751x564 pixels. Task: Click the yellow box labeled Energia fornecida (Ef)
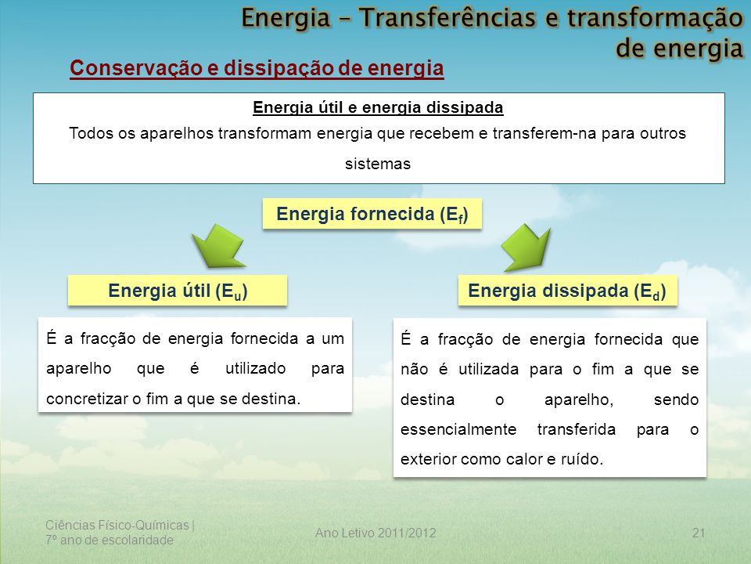[x=372, y=213]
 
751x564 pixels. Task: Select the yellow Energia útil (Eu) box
[x=178, y=290]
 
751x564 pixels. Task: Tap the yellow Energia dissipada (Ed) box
[x=568, y=290]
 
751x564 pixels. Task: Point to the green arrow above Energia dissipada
[x=526, y=247]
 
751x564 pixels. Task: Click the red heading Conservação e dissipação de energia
[x=257, y=68]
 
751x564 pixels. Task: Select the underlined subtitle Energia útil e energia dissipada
[x=378, y=107]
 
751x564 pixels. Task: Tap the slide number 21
[x=699, y=533]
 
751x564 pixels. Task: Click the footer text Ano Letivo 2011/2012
[x=375, y=533]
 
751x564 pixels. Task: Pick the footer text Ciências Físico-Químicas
[x=117, y=525]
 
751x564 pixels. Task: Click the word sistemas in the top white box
[x=378, y=164]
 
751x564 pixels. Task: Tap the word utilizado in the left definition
[x=255, y=368]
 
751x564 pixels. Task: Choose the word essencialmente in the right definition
[x=458, y=429]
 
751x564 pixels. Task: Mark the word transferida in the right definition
[x=577, y=429]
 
